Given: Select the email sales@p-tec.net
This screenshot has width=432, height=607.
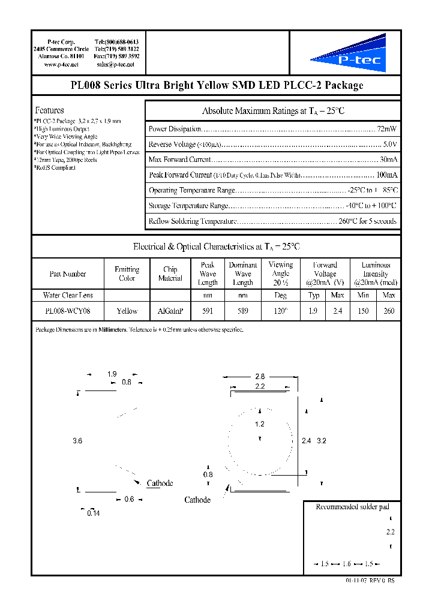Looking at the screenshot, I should (115, 64).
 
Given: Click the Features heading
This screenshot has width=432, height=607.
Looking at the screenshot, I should (49, 110).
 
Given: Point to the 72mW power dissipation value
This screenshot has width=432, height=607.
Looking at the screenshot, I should (388, 129).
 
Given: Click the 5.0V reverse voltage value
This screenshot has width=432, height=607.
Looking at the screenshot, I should (389, 145).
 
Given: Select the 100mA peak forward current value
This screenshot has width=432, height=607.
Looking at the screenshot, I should (386, 175).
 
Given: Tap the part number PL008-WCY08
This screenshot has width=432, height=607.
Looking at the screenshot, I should (67, 311).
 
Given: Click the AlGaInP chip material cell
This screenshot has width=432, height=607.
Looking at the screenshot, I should (170, 311).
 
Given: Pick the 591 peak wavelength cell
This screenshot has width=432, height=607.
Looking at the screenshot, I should (208, 311).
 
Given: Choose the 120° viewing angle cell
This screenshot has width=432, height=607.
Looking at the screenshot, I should (280, 311).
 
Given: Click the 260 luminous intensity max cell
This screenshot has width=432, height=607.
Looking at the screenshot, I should (388, 311).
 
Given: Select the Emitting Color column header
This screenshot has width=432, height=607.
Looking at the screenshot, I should (127, 274).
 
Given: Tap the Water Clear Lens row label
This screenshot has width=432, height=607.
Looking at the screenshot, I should (67, 295).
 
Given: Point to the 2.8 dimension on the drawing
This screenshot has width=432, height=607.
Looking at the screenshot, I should (259, 377).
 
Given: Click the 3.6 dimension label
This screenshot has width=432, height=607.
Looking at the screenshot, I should (77, 441).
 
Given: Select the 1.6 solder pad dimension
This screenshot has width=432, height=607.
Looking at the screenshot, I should (346, 564).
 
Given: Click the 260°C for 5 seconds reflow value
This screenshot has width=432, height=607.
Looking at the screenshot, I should (367, 221).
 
